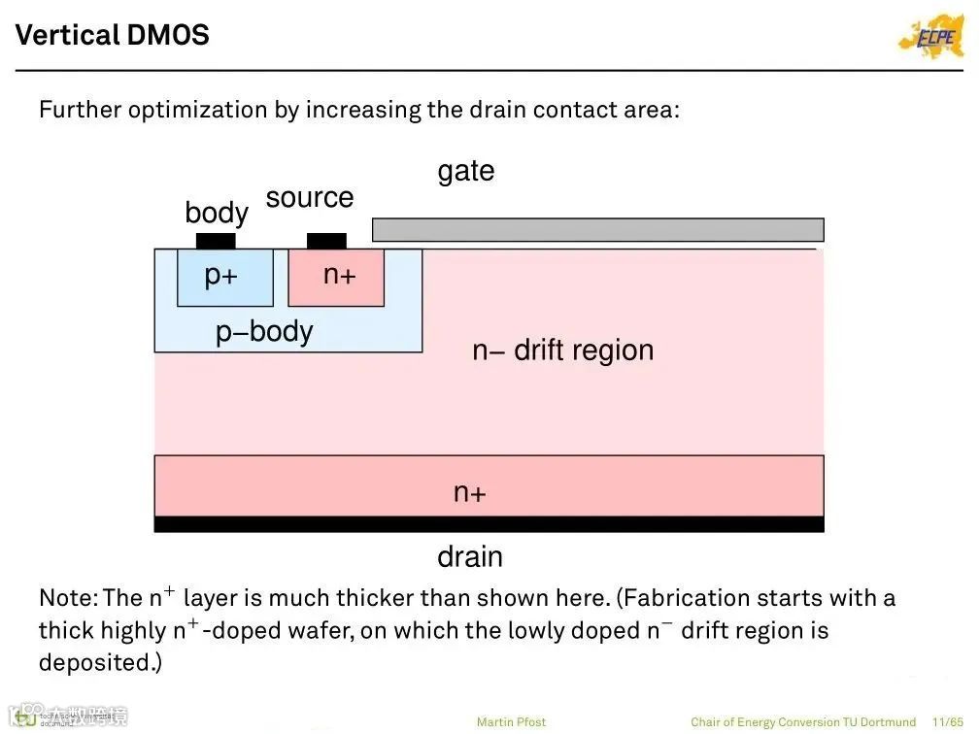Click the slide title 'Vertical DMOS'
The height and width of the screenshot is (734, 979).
[x=113, y=35]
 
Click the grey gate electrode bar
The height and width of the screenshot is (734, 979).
[x=597, y=230]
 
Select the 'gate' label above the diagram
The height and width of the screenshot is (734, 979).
[x=466, y=171]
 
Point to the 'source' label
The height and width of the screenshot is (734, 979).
[x=310, y=197]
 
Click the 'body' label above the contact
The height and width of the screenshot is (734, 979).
[x=216, y=213]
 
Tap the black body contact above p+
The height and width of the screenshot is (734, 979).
[x=216, y=241]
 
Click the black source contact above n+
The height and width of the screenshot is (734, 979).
[x=326, y=241]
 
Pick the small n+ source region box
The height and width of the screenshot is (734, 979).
[x=336, y=278]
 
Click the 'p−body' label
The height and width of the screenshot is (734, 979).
[x=264, y=332]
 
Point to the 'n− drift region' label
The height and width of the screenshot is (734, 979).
[x=563, y=350]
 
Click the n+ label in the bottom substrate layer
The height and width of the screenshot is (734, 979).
[x=470, y=492]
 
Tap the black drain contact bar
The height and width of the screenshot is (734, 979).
[x=489, y=524]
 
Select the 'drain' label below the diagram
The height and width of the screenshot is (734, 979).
[x=470, y=557]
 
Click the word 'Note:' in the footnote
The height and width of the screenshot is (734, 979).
[x=67, y=597]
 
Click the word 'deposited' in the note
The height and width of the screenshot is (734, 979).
[x=95, y=662]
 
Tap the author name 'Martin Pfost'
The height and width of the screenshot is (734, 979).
[x=511, y=721]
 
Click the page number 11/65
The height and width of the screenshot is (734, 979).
[x=947, y=721]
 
